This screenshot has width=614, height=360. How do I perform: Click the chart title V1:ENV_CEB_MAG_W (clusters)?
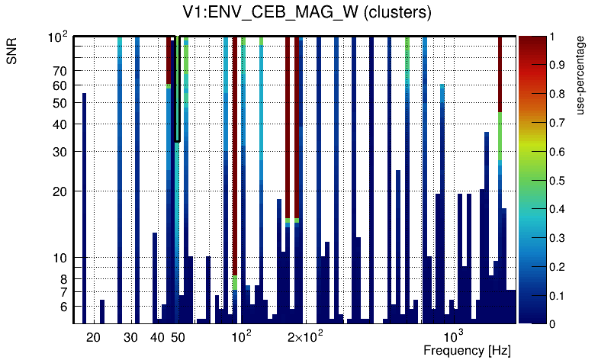[x=302, y=14]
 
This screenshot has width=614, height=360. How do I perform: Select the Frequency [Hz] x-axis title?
[x=467, y=350]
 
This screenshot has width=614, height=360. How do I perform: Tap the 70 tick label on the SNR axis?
[x=60, y=72]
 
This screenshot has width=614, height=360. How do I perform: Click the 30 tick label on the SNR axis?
[x=60, y=152]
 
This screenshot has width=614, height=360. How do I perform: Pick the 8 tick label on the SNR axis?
[x=64, y=279]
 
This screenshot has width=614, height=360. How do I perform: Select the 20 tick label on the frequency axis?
[x=93, y=337]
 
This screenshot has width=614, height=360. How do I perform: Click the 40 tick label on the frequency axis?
[x=157, y=337]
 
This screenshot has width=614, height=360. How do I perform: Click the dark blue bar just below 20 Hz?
[x=84, y=206]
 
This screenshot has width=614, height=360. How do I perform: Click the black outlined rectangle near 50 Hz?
[x=177, y=88]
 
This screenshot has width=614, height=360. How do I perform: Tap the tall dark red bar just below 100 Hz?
[x=235, y=153]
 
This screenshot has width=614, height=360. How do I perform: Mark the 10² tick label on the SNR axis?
[x=59, y=37]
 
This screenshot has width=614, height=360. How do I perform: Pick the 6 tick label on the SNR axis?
[x=64, y=307]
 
